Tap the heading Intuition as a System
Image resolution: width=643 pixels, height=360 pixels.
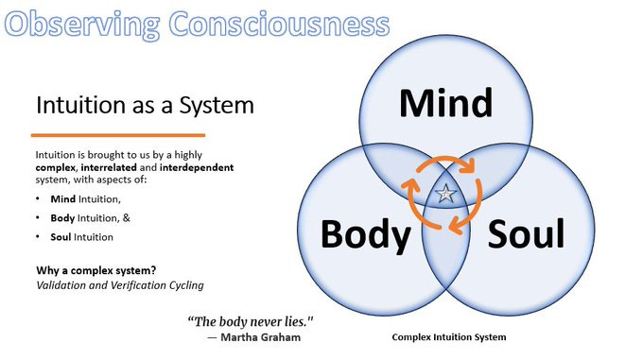pyautogui.click(x=145, y=104)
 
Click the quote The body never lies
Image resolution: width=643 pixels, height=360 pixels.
pyautogui.click(x=250, y=320)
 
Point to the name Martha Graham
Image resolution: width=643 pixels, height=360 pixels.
pyautogui.click(x=270, y=336)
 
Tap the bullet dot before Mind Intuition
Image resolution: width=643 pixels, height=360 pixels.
pyautogui.click(x=37, y=200)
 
